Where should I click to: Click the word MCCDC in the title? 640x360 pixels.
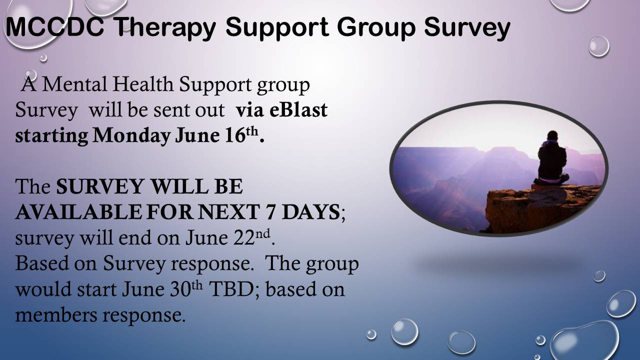[55, 26]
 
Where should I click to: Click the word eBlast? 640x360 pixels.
[298, 110]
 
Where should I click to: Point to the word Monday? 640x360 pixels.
[131, 135]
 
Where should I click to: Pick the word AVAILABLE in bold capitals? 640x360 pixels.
[78, 212]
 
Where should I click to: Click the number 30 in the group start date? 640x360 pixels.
[180, 289]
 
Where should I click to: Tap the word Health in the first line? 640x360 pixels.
[143, 84]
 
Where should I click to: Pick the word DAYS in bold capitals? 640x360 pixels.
[311, 212]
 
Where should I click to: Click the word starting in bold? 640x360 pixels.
[51, 136]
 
